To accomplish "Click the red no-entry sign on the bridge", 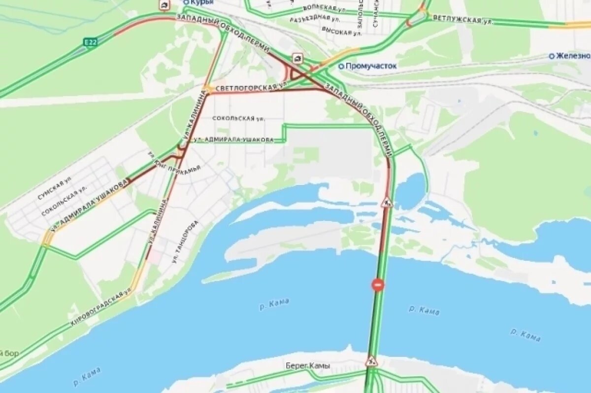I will [378, 285].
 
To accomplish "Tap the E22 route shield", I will [90, 42].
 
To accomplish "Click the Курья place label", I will [202, 2].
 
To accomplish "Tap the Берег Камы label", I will [308, 366].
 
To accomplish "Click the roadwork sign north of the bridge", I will [386, 202].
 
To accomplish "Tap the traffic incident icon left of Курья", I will [164, 5].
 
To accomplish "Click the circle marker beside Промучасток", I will [341, 66].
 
